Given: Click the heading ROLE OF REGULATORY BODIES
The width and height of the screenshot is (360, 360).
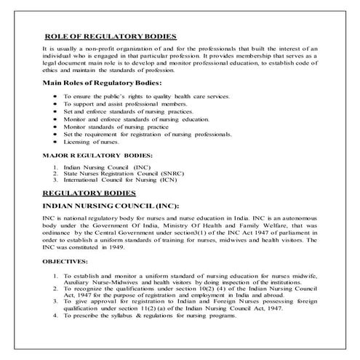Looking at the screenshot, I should pyautogui.click(x=110, y=36).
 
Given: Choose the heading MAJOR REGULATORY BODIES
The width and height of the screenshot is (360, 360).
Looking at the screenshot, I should pyautogui.click(x=97, y=155).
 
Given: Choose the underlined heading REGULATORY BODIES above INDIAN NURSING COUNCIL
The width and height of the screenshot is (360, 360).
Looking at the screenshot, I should pyautogui.click(x=89, y=193).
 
